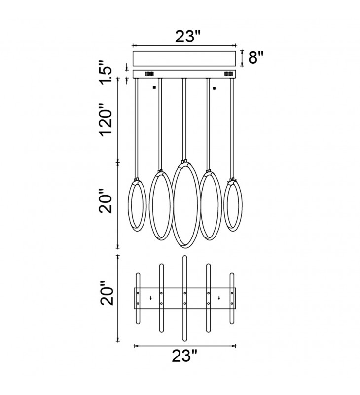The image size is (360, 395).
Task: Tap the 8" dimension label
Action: pyautogui.click(x=256, y=57)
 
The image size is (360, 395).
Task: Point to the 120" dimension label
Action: pyautogui.click(x=106, y=119)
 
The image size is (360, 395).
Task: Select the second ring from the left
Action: pyautogui.click(x=150, y=205)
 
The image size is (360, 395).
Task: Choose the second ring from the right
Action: pyautogui.click(x=220, y=205)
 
